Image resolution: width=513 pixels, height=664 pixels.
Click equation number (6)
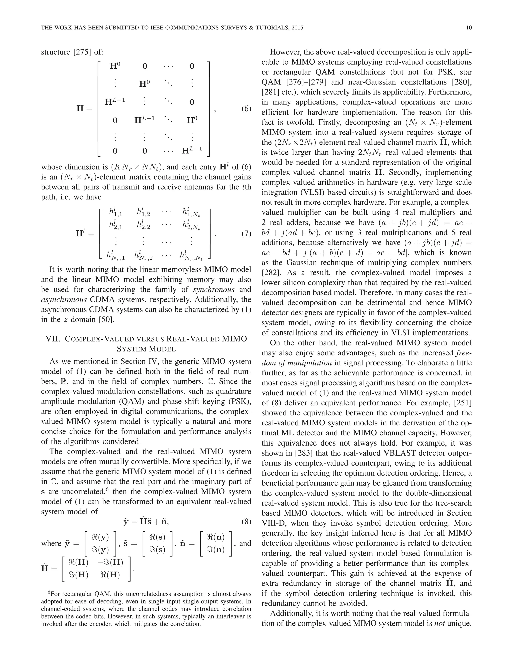[246, 109]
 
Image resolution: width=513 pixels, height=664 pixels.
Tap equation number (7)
[246, 234]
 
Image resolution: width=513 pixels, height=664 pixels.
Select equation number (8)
[246, 522]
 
